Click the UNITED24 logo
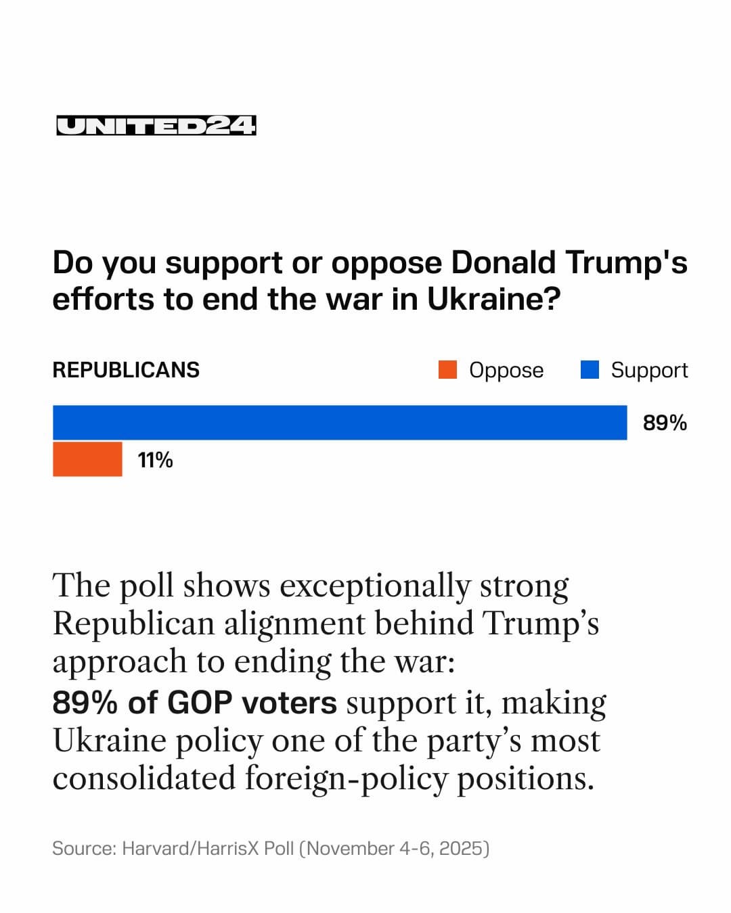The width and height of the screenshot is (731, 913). (x=156, y=126)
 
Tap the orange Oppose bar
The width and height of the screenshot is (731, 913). (x=87, y=459)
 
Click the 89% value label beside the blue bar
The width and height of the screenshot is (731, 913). (x=665, y=423)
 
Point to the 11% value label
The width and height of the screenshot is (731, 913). (x=155, y=460)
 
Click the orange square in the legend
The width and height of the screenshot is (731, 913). (x=448, y=370)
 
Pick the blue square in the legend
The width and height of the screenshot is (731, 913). (x=590, y=370)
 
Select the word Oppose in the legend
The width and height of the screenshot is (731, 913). (x=506, y=371)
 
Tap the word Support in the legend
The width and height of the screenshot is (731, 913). (x=649, y=371)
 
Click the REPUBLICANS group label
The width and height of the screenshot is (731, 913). (x=126, y=370)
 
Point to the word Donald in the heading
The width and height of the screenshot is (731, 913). (x=504, y=262)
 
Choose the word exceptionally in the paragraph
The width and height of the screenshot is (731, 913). (x=375, y=586)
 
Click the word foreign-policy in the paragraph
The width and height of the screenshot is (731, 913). (x=346, y=778)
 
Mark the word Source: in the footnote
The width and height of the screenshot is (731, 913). (x=84, y=848)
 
